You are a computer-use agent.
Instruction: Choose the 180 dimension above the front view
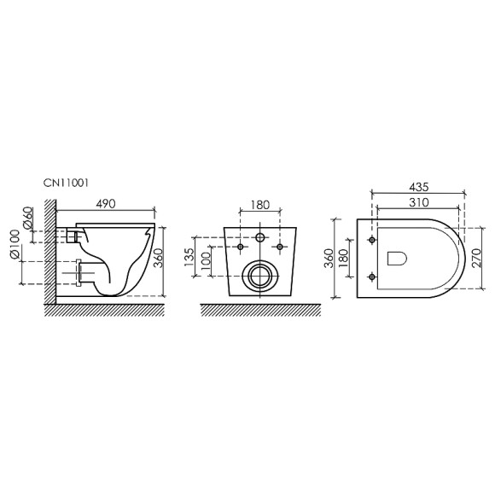coord(259,207)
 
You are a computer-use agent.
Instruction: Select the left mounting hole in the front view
coord(240,247)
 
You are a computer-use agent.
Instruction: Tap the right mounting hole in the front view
coord(279,247)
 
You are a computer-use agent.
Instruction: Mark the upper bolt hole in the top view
coord(372,240)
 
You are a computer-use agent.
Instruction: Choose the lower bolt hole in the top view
coord(372,276)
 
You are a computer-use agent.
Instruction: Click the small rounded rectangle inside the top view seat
coord(398,258)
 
